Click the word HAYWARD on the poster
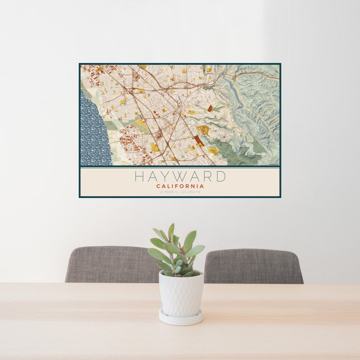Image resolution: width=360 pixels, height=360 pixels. coord(180,176)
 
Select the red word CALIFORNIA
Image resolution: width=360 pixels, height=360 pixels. coord(180,186)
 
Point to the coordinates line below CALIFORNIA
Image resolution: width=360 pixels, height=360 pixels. coord(180,192)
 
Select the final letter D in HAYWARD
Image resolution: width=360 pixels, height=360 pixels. coord(221,176)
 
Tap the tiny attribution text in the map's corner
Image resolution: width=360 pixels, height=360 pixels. coord(273,164)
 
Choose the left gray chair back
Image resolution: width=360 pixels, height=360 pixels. coord(111,264)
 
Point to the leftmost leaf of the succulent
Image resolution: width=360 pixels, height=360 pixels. coord(152,253)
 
